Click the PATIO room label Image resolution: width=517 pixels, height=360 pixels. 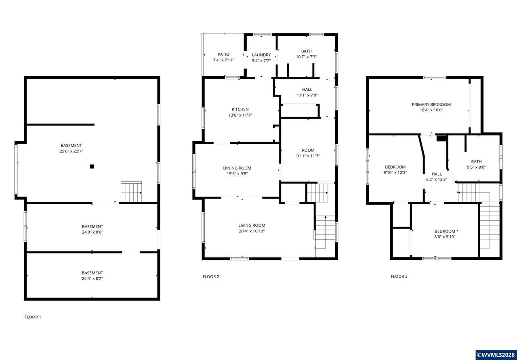(223, 54)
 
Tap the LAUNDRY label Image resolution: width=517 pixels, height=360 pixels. (261, 55)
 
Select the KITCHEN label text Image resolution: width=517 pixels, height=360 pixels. (240, 109)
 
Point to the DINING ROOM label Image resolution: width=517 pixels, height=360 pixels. (237, 168)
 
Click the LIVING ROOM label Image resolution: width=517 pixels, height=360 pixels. (252, 225)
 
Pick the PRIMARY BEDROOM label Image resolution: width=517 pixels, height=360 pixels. (431, 105)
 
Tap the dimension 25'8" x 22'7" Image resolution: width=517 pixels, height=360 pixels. (71, 151)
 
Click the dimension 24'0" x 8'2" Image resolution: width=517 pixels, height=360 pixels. (92, 278)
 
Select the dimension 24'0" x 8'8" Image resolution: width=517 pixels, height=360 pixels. (92, 232)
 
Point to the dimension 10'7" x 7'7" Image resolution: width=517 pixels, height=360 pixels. (307, 57)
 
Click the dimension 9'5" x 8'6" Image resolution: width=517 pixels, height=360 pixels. (476, 167)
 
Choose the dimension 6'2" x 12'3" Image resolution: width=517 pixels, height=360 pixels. (437, 180)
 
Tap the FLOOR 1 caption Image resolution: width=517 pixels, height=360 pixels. (33, 317)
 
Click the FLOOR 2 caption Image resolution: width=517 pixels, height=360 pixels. (211, 276)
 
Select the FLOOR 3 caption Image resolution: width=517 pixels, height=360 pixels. (399, 276)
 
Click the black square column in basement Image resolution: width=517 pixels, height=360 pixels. (92, 167)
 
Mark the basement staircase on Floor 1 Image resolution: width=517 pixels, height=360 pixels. (131, 192)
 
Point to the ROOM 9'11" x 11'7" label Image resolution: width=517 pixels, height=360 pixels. (308, 153)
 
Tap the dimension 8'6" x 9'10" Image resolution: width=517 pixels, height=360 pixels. (445, 237)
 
